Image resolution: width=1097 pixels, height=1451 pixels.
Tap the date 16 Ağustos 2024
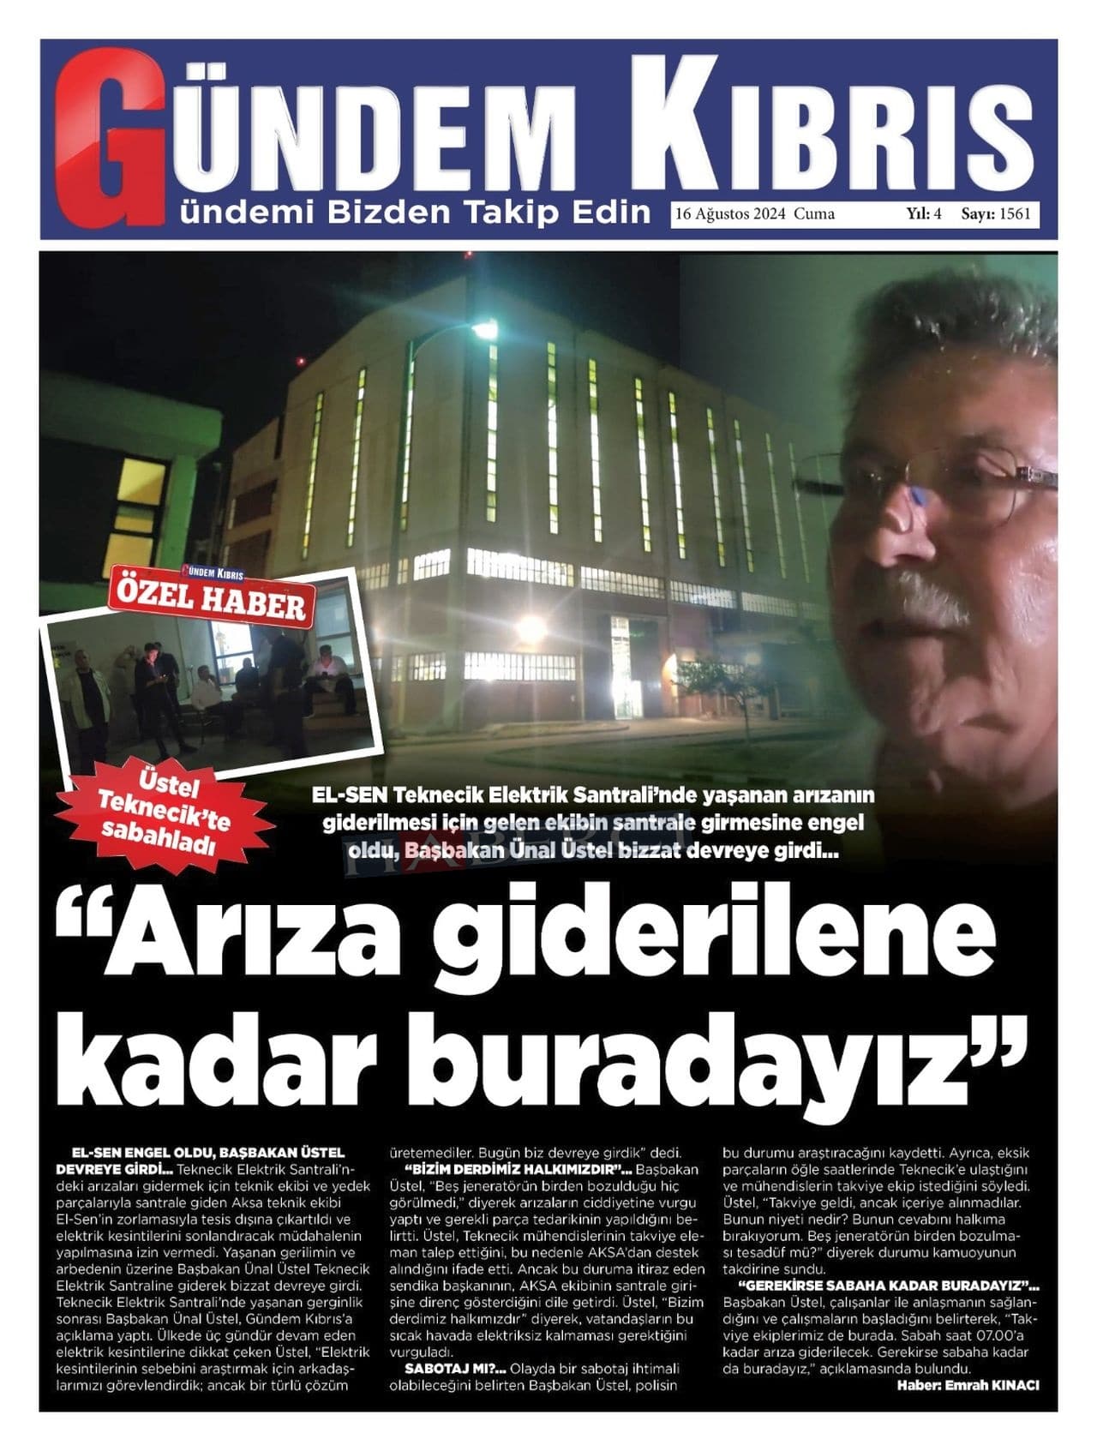(731, 213)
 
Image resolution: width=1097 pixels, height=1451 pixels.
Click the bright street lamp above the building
(485, 330)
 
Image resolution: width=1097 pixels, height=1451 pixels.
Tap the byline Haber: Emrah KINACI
(968, 1384)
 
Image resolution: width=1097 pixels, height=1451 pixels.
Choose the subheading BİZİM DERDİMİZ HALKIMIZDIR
(512, 1169)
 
